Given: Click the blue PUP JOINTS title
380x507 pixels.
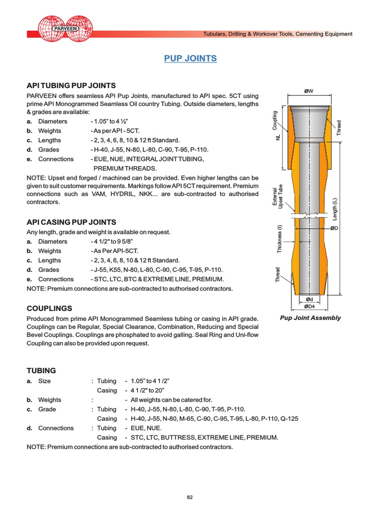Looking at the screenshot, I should (190, 58).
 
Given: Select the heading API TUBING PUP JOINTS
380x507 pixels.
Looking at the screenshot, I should (71, 85).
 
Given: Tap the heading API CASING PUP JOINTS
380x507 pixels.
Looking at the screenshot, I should (71, 222).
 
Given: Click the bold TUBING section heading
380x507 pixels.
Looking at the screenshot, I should (41, 370).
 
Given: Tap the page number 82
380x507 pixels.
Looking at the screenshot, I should (190, 484).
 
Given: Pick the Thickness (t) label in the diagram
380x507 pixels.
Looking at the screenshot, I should (280, 239).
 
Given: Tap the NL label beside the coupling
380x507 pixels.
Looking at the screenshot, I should (278, 137).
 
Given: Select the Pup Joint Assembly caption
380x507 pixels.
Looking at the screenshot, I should (310, 318).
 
